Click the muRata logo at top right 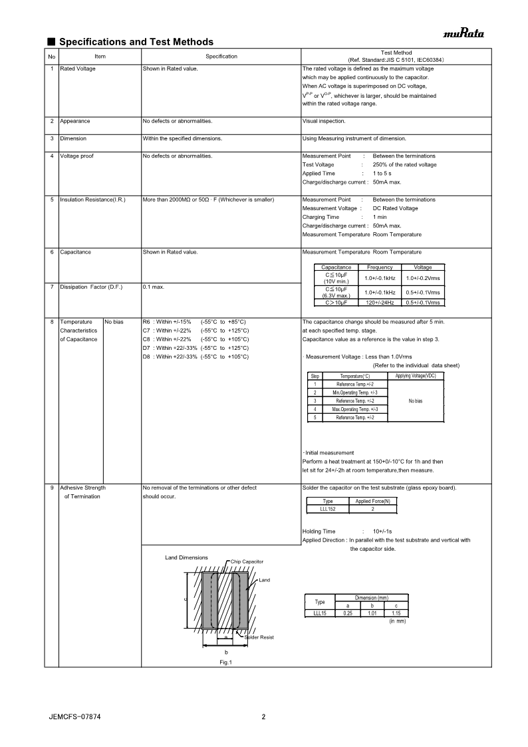464,34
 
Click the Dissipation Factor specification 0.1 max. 154,287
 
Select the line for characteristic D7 196,348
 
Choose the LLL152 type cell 328,509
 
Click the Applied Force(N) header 373,501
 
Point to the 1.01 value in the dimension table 372,613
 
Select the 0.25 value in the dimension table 348,613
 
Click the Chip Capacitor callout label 247,561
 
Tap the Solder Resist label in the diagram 259,637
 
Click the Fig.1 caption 225,662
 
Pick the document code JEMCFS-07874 74,717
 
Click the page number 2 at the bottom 263,717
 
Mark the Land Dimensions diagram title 186,557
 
